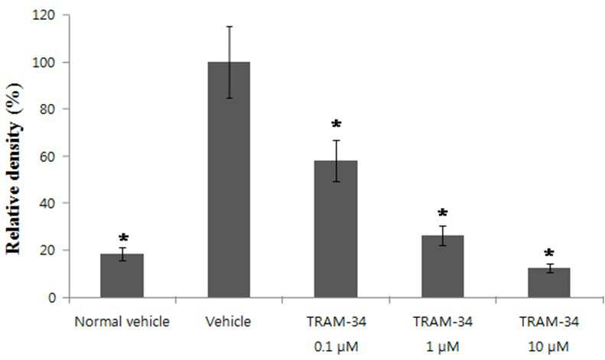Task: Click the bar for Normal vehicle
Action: click(x=122, y=276)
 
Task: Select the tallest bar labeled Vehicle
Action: click(x=229, y=180)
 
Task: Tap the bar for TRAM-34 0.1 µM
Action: click(x=336, y=229)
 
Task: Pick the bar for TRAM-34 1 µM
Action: click(x=443, y=266)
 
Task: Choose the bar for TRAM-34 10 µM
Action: click(x=549, y=283)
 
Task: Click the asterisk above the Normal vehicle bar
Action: click(x=123, y=238)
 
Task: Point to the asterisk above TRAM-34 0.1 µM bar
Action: click(x=337, y=124)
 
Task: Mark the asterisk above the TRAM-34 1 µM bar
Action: click(x=443, y=212)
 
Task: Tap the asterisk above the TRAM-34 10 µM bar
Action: click(x=549, y=253)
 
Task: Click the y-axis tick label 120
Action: click(x=45, y=15)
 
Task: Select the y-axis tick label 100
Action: click(x=45, y=63)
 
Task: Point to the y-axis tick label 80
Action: click(x=48, y=109)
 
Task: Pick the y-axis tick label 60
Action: click(x=48, y=156)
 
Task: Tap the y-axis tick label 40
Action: click(x=48, y=203)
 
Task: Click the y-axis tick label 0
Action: click(x=52, y=297)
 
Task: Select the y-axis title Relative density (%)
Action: click(x=14, y=168)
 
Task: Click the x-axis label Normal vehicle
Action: click(x=122, y=322)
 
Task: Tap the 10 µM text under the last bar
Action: click(x=548, y=347)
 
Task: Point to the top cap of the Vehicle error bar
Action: click(x=229, y=27)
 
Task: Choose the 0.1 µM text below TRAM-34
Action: click(x=336, y=347)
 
